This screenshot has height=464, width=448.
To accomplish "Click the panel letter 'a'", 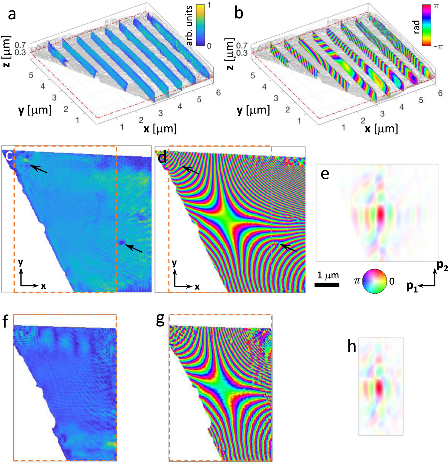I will tap(12, 14).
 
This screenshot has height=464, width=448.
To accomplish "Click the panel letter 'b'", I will tap(239, 13).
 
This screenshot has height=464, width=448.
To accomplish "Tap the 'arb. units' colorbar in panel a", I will tap(200, 25).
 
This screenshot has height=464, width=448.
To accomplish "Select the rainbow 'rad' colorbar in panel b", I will tap(426, 25).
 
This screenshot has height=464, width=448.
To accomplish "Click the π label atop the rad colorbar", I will tap(436, 6).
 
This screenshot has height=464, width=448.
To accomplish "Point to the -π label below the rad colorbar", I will tap(438, 47).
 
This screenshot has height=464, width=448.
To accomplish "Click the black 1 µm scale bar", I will tap(327, 284).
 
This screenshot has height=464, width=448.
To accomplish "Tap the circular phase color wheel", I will tap(374, 281).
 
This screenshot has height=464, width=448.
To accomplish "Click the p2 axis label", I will tap(442, 265).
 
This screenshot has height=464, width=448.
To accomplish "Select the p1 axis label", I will tap(412, 287).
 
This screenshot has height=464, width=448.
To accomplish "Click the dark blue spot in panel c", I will tap(121, 242).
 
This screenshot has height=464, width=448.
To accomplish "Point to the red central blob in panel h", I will tap(379, 387).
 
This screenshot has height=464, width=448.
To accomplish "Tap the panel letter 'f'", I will tap(5, 322).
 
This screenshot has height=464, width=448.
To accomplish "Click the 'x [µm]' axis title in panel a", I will tap(160, 129).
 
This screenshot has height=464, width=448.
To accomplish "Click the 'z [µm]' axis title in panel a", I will tap(7, 51).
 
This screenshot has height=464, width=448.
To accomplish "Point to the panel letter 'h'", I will tap(352, 346).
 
